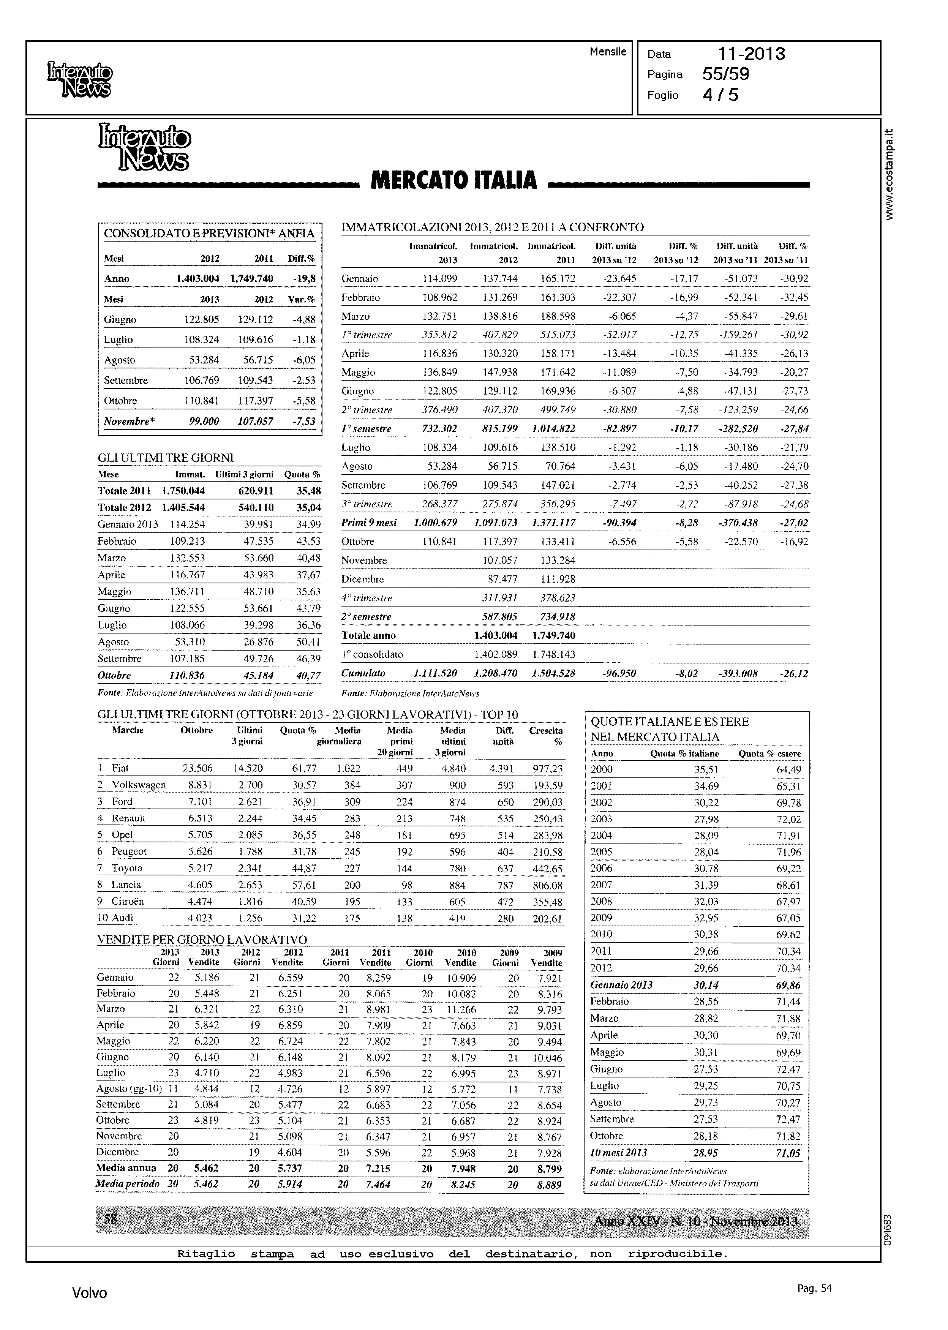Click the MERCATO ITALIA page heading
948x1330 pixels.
pyautogui.click(x=453, y=180)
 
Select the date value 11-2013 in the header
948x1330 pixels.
pyautogui.click(x=751, y=54)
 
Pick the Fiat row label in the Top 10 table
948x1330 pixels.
pyautogui.click(x=120, y=768)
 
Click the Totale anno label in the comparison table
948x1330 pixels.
pyautogui.click(x=368, y=635)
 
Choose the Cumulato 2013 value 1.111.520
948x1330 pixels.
pyautogui.click(x=435, y=673)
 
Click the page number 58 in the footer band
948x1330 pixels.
pyautogui.click(x=110, y=1218)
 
